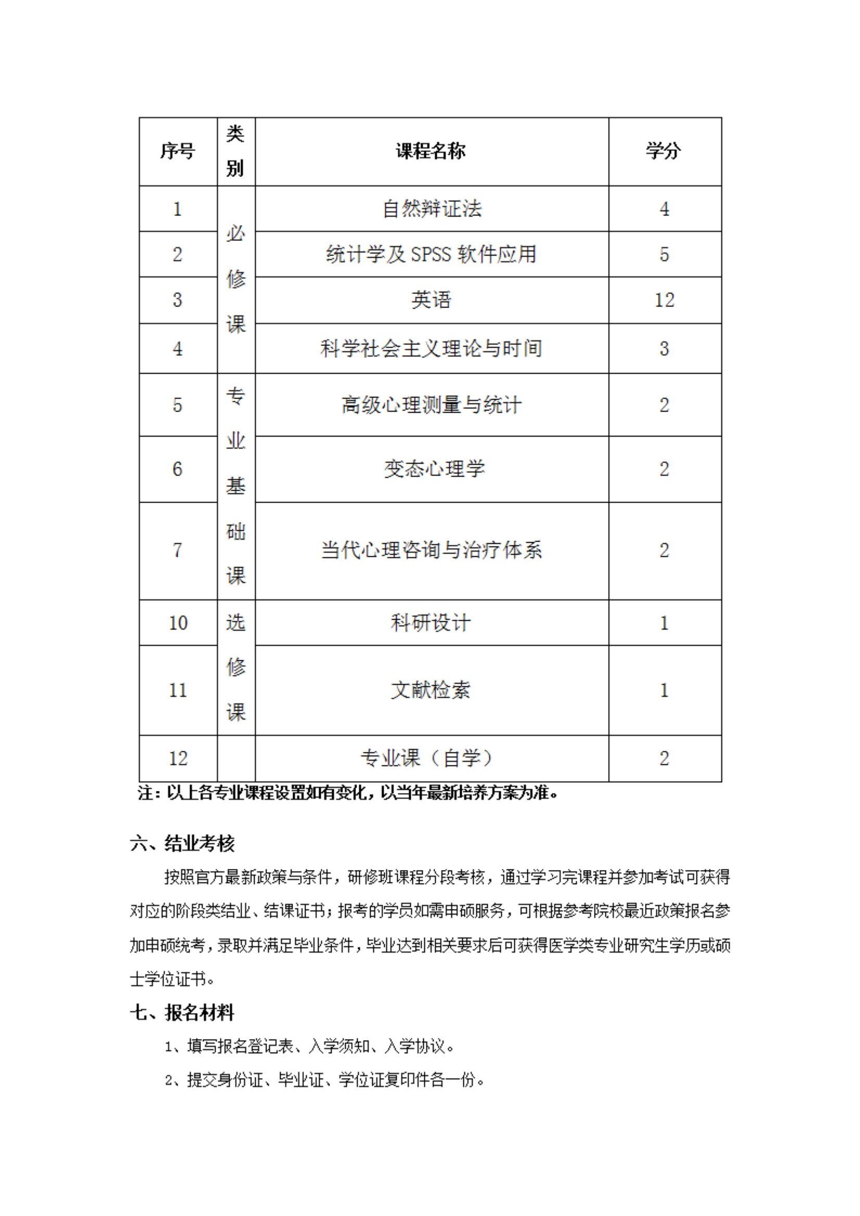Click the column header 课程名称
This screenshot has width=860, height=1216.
tap(431, 151)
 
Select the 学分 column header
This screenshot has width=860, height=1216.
tap(663, 151)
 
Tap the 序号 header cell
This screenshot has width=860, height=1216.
tap(178, 151)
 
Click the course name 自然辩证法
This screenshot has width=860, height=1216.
tap(432, 209)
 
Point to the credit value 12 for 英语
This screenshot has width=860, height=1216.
tap(664, 300)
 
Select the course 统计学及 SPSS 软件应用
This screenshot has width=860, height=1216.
tap(431, 254)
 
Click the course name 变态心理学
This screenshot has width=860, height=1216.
tap(434, 469)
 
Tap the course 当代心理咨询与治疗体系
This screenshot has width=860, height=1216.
tap(432, 550)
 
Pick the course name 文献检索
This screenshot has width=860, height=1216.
tap(431, 689)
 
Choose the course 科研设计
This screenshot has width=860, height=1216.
tap(431, 622)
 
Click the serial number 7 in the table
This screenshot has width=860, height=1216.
tap(178, 551)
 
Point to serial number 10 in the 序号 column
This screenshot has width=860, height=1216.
tap(178, 623)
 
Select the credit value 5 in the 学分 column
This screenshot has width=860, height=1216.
tap(664, 255)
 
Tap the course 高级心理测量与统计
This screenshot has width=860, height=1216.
tap(432, 405)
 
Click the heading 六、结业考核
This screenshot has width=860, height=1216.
tap(182, 842)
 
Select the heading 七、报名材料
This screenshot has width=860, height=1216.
tap(182, 1012)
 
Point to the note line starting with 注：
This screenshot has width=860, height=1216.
tap(348, 793)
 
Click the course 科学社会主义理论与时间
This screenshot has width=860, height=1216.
tap(431, 349)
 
